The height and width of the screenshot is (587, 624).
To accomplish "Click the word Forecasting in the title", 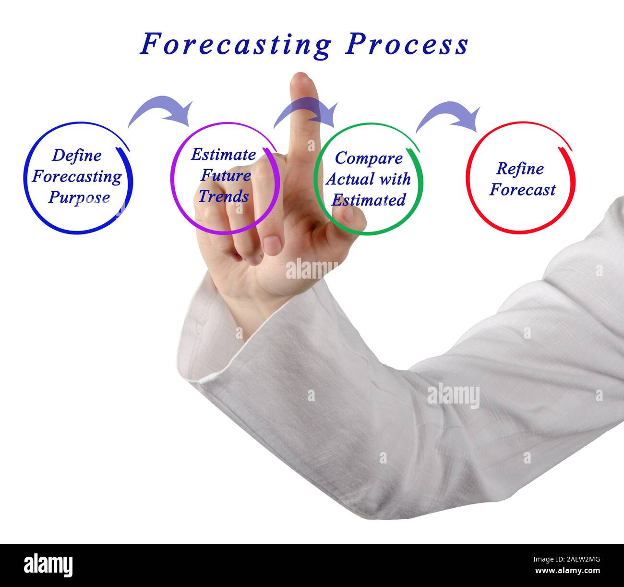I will click(236, 45).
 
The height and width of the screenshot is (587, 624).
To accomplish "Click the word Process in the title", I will click(407, 45).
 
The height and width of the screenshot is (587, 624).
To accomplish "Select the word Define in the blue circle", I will click(77, 155).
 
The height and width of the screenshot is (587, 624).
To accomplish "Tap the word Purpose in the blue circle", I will click(79, 197).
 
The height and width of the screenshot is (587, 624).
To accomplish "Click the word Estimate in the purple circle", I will click(223, 155).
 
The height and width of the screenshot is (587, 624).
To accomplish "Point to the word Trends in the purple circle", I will click(224, 196).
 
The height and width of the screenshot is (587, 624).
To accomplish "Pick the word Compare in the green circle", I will click(369, 158).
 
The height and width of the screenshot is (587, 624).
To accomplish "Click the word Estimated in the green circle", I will click(369, 200).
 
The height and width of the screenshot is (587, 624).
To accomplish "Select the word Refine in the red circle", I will click(520, 169).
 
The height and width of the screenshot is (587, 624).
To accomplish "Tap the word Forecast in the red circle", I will click(522, 190).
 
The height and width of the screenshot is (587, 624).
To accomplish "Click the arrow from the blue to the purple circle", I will click(161, 111).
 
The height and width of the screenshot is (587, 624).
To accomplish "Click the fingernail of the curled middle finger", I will click(272, 245).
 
